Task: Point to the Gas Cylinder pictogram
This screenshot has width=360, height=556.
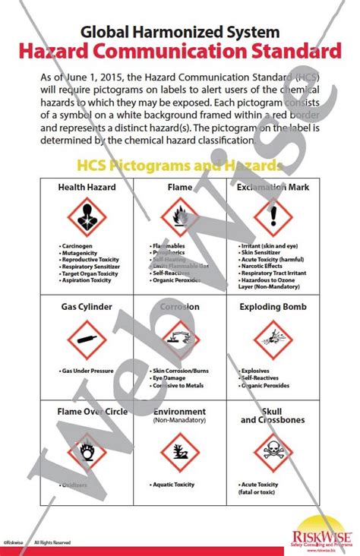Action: click(87, 339)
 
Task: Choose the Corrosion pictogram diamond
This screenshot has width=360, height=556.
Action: click(179, 339)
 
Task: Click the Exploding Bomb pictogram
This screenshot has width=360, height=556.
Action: click(272, 339)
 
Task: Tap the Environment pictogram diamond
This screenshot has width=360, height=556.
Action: click(179, 450)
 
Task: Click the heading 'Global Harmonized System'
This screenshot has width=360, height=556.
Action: click(180, 32)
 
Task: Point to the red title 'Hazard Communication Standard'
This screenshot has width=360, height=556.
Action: click(180, 52)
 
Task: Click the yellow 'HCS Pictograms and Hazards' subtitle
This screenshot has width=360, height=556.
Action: click(180, 165)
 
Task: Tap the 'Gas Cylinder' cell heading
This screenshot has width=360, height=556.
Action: click(87, 307)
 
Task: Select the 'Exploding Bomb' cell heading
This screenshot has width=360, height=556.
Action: click(273, 307)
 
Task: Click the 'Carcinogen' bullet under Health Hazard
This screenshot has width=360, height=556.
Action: click(77, 247)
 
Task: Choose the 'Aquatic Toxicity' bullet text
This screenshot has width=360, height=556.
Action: click(174, 484)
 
